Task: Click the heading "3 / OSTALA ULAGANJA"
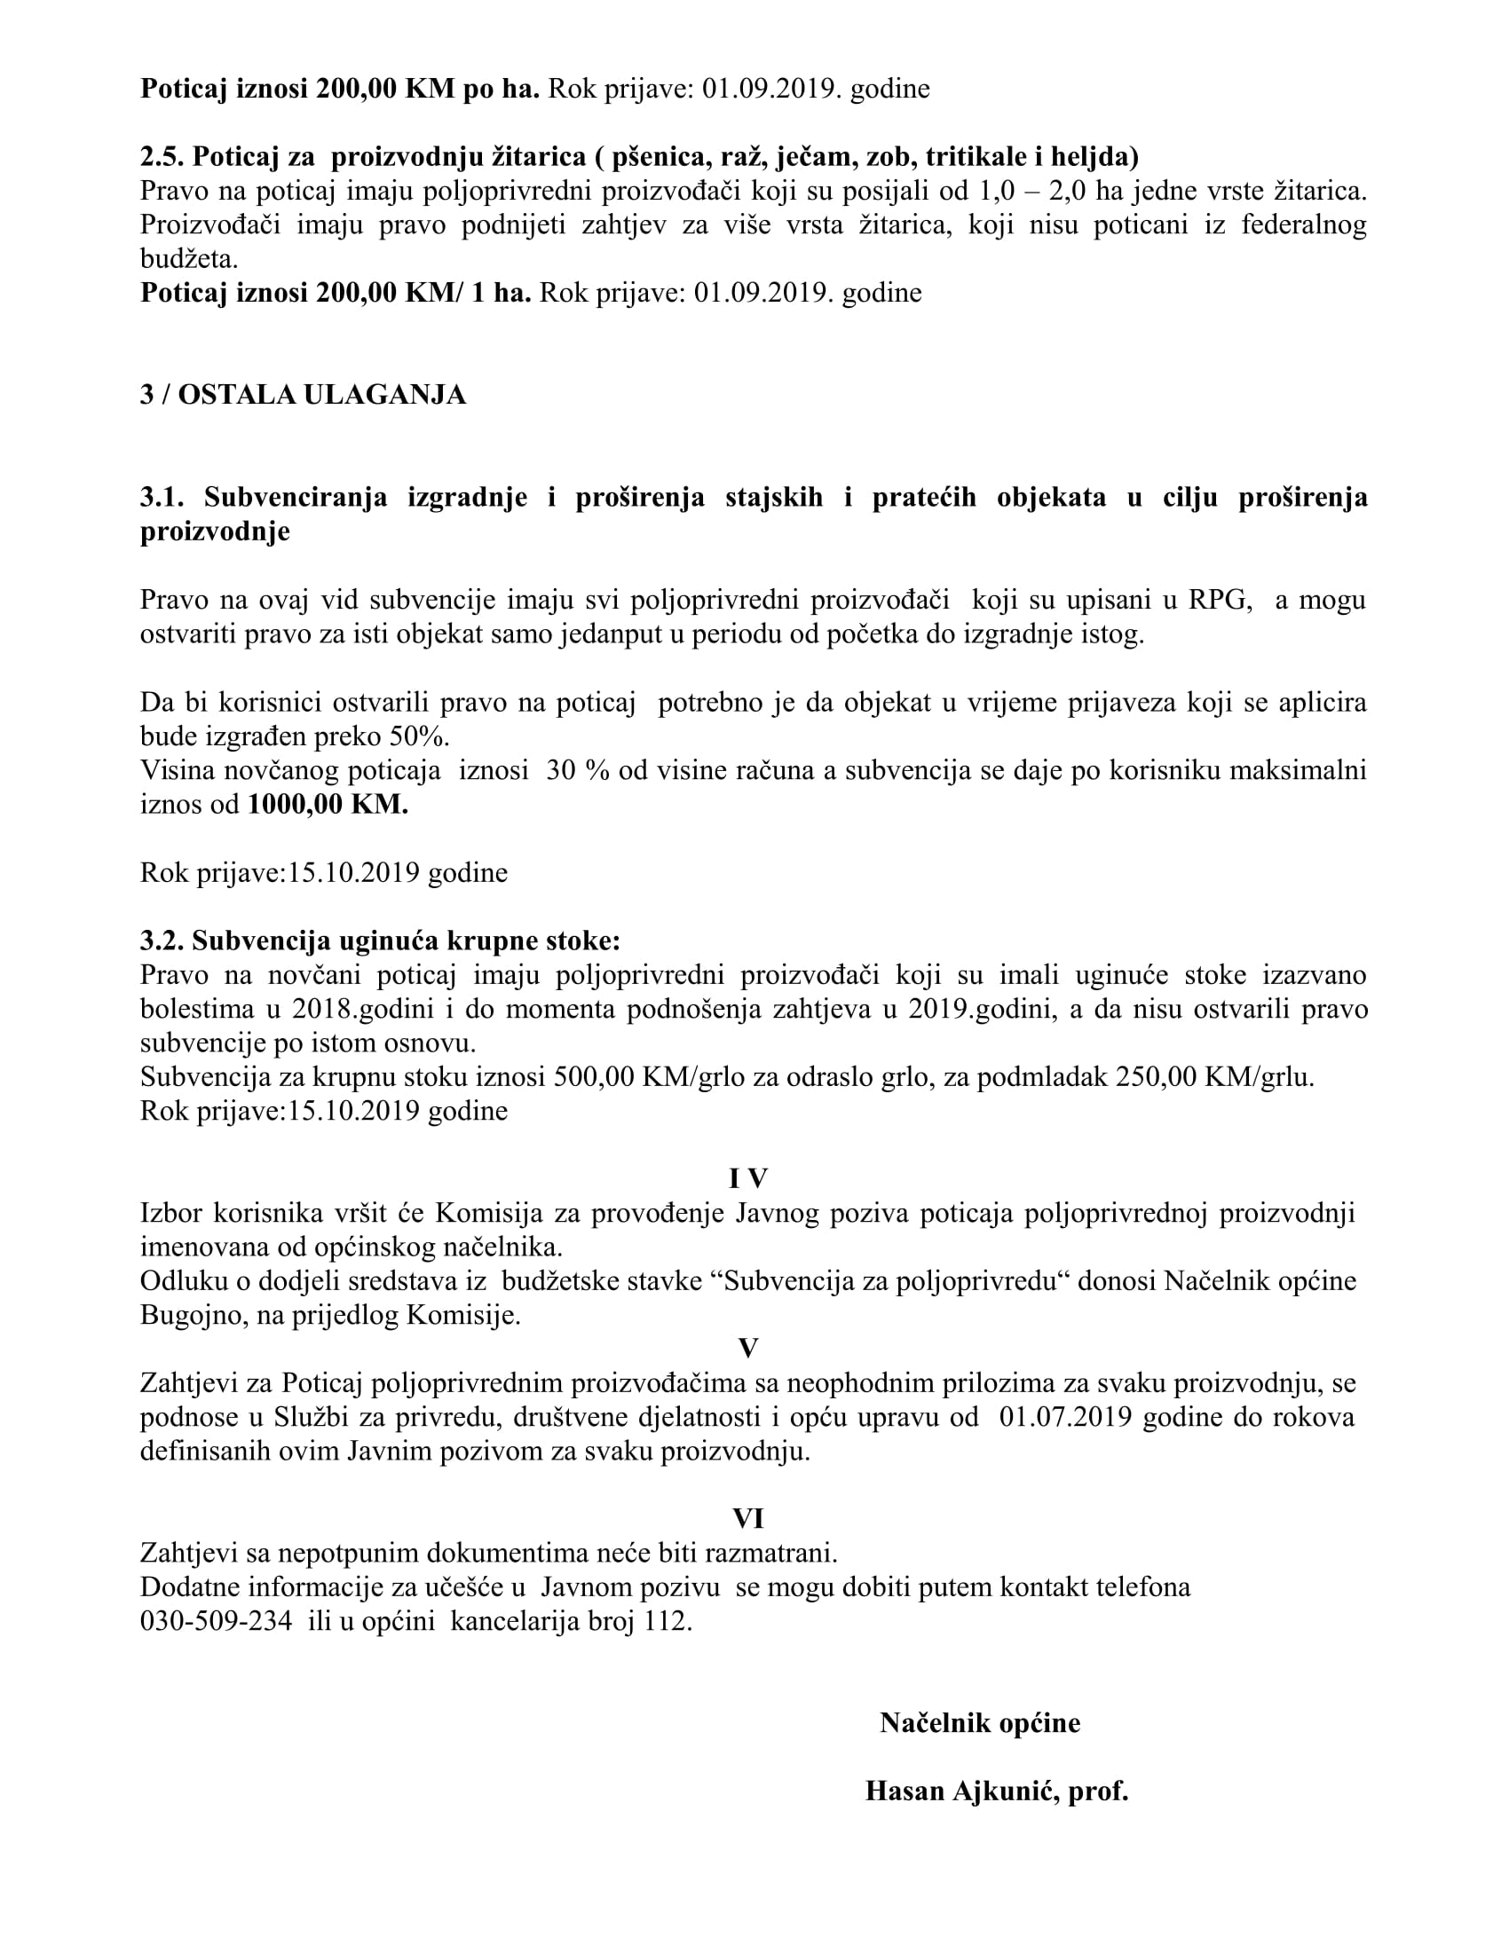pos(303,395)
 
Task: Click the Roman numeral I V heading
pos(748,1179)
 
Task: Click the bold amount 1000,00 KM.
pos(328,805)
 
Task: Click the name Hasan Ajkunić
pos(959,1791)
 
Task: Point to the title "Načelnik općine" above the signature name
pos(980,1722)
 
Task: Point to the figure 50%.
pos(419,737)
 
